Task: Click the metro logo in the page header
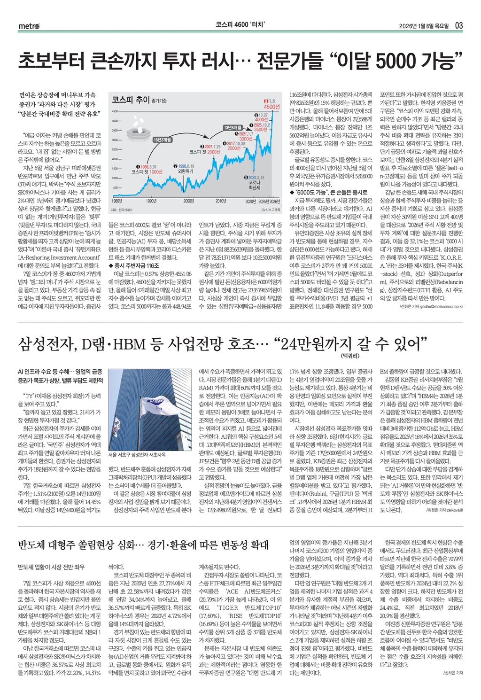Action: point(29,25)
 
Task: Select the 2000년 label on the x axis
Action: point(188,201)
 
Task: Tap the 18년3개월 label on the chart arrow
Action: point(163,140)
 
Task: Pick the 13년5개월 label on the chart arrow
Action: point(232,127)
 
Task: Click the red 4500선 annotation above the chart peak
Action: point(272,107)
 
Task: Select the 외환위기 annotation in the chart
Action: point(186,171)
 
